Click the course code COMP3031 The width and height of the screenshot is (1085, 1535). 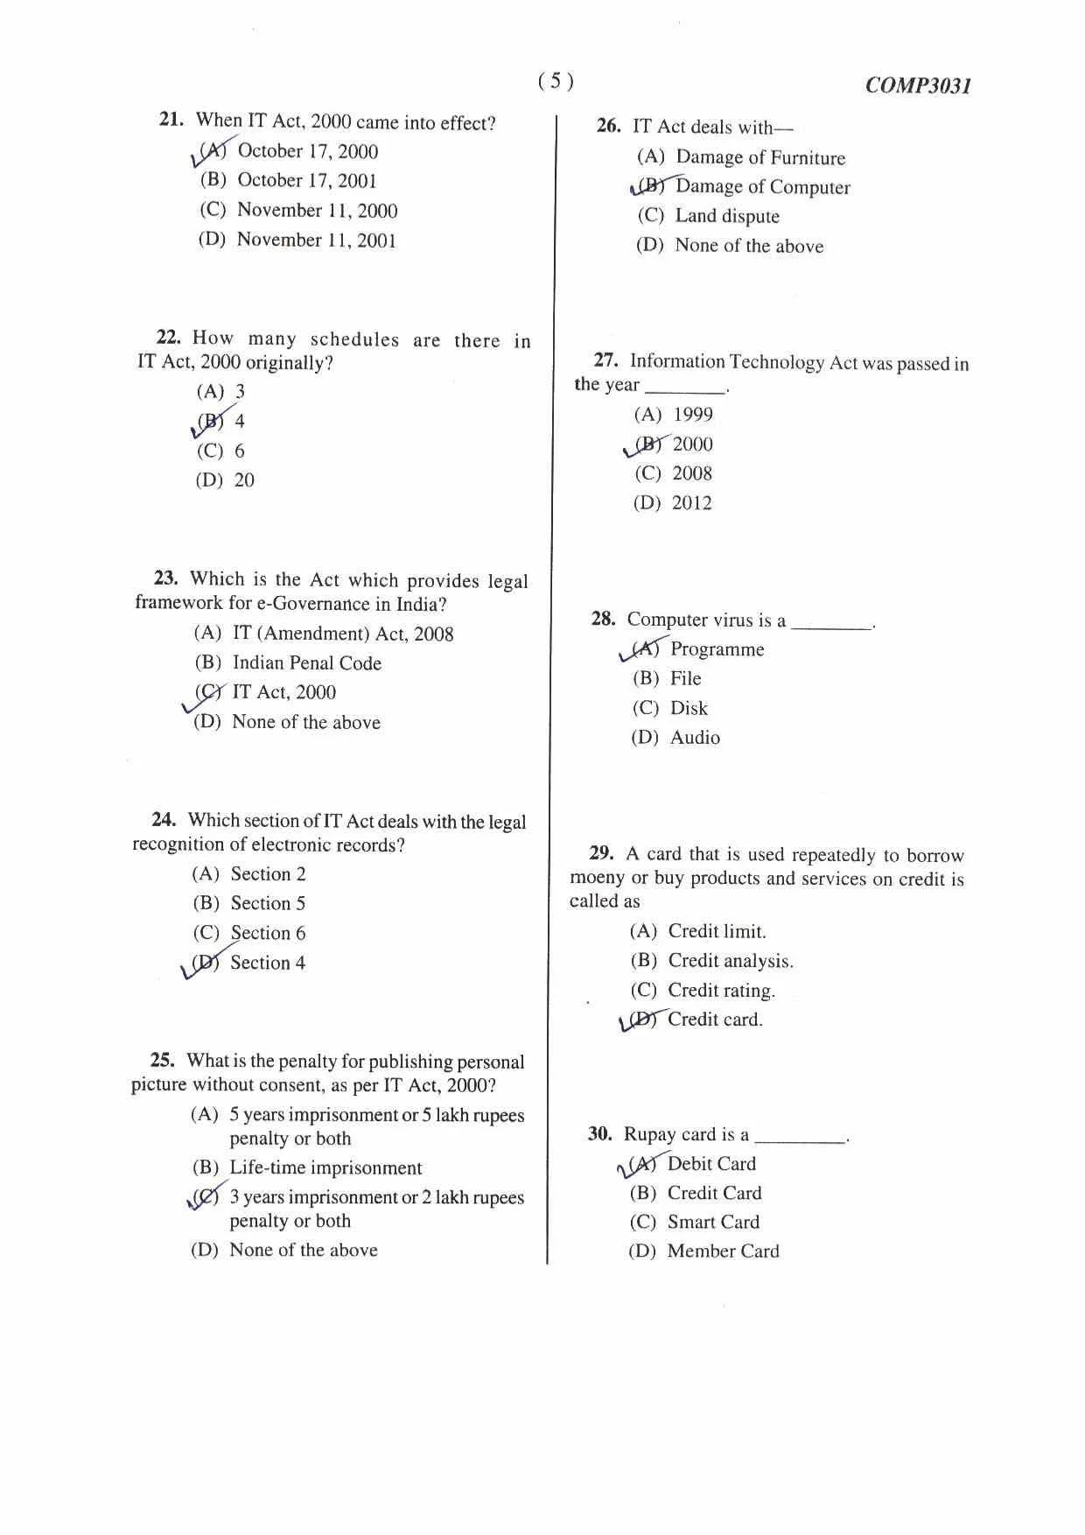coord(918,86)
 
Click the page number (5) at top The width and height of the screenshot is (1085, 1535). coord(556,81)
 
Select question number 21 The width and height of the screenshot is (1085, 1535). coord(171,120)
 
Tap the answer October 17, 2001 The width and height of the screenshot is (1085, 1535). coord(307,180)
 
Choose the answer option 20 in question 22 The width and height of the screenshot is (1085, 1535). coord(244,480)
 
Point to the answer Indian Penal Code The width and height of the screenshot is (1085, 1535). coord(306,663)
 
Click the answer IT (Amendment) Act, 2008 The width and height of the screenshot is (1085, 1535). coord(343,634)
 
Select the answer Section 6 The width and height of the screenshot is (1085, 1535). coord(268,933)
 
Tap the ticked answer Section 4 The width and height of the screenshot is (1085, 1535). coord(268,963)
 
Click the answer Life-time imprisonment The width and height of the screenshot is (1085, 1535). coord(325,1168)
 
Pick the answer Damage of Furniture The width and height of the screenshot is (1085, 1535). coord(760,158)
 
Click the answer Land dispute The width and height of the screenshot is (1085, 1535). coord(727,216)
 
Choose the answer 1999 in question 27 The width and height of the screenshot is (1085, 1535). coord(692,415)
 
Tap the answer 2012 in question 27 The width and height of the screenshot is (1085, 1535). coord(691,503)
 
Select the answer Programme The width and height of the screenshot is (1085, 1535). coord(717,649)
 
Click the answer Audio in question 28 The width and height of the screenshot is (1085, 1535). coord(695,738)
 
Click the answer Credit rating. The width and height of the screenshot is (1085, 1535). coord(721,991)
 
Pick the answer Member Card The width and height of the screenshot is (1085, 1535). coord(723,1251)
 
